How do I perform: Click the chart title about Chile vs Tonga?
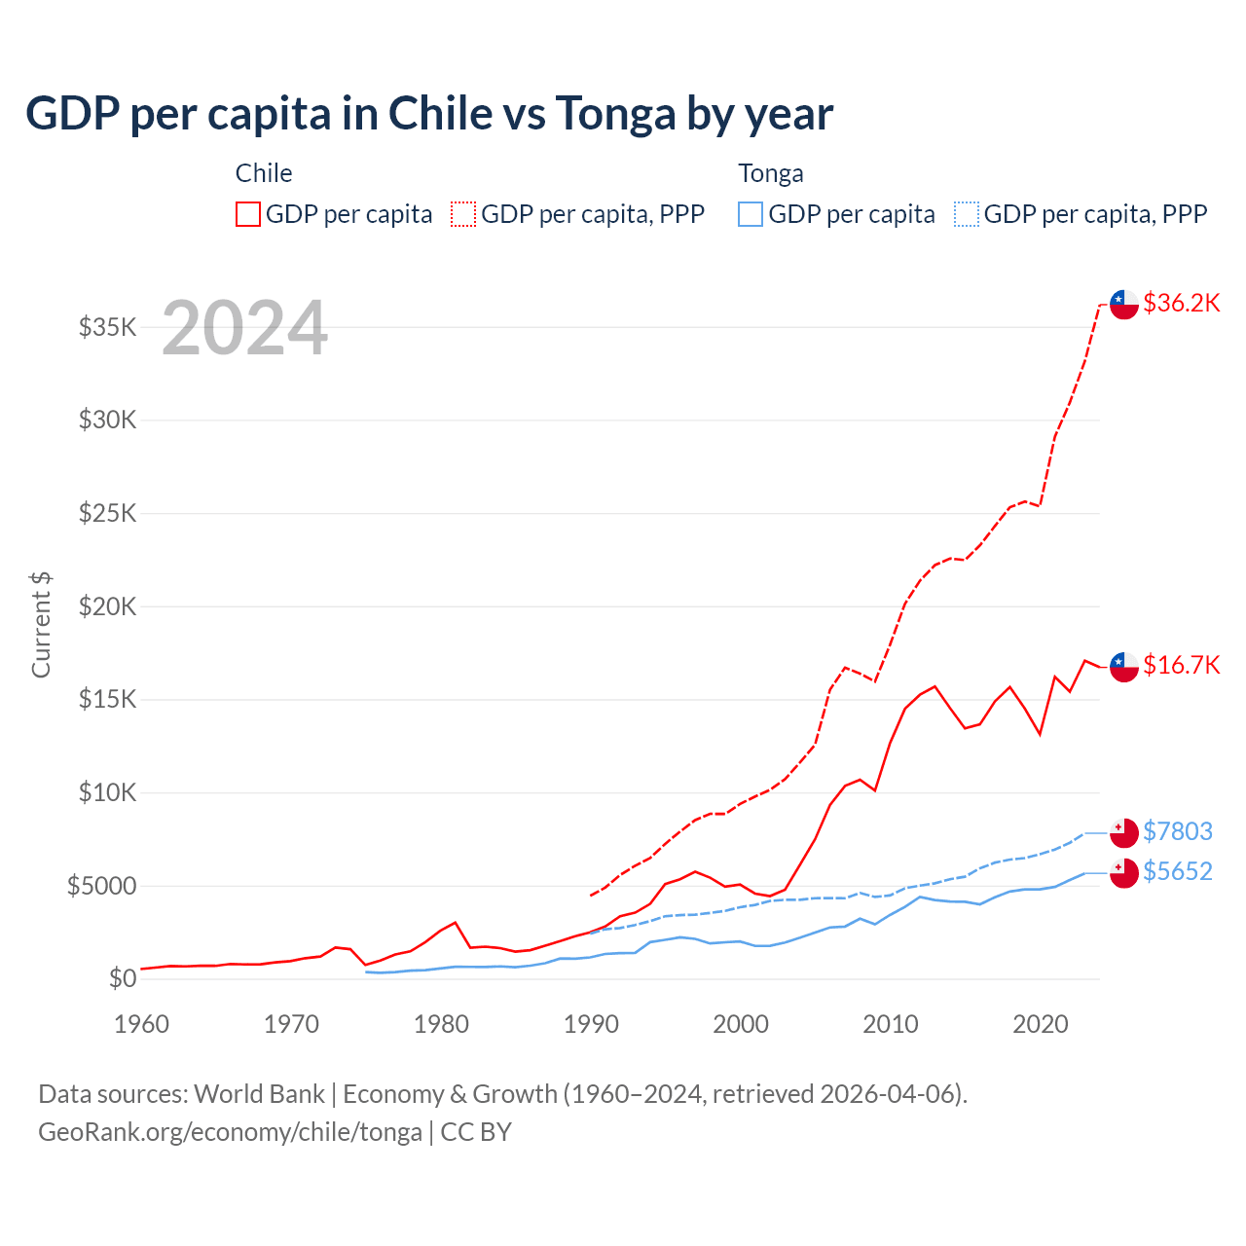[429, 114]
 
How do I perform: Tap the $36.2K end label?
[1181, 303]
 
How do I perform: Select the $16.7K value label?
[1181, 665]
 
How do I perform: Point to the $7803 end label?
[1177, 831]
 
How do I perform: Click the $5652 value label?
[1177, 871]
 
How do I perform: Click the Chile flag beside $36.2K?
[1124, 304]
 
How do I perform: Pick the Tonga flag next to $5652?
[1124, 872]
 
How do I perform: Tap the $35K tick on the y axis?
[107, 327]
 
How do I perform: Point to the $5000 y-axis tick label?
[101, 886]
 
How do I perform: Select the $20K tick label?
[107, 606]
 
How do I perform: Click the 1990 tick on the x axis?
[591, 1024]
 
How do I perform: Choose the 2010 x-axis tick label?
[891, 1024]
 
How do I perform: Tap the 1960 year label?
[142, 1024]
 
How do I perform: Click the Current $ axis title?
[41, 625]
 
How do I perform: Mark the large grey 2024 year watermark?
[244, 328]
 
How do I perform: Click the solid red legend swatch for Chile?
[248, 214]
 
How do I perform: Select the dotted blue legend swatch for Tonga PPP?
[967, 214]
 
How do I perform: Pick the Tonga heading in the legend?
[771, 173]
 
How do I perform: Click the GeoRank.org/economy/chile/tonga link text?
[230, 1132]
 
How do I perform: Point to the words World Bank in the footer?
[259, 1094]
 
